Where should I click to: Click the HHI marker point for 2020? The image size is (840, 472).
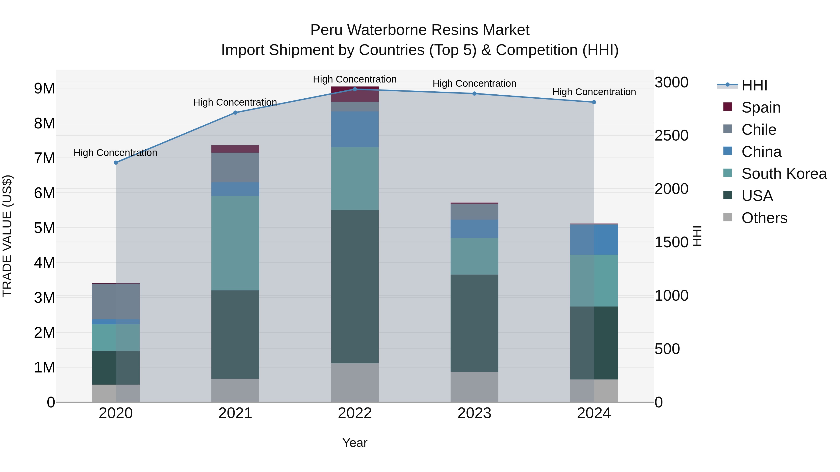(116, 162)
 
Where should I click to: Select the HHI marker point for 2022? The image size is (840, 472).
(355, 89)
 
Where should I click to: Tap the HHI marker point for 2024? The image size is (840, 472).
(594, 102)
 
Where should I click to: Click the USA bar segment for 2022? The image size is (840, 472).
(355, 287)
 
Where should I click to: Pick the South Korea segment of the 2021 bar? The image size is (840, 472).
(235, 243)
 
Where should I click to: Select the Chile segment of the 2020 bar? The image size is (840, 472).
(116, 301)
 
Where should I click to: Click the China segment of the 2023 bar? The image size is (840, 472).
(474, 229)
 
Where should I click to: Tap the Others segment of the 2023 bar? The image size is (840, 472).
(474, 387)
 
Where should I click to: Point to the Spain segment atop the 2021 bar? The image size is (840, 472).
(235, 149)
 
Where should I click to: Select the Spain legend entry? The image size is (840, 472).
(760, 107)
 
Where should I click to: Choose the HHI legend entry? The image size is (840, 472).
(754, 85)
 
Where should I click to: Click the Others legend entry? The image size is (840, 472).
(764, 218)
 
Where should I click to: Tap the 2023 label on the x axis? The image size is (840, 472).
(474, 413)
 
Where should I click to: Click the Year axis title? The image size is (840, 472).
(355, 443)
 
